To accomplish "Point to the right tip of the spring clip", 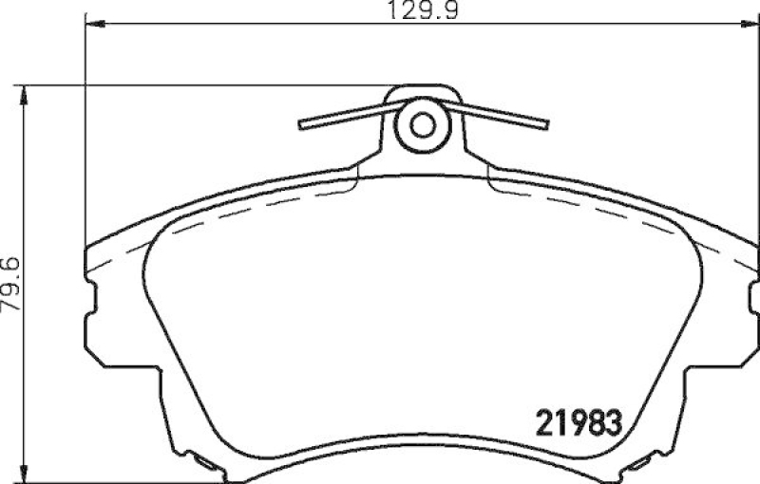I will [x=546, y=124].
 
